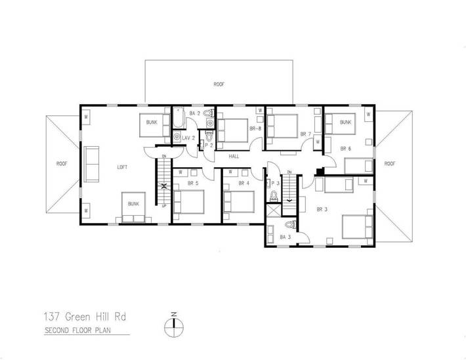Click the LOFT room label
click(122, 167)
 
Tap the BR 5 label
click(193, 183)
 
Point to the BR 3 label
click(322, 209)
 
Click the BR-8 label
click(255, 129)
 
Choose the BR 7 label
click(305, 134)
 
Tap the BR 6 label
click(345, 149)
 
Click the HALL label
click(234, 157)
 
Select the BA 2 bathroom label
click(194, 113)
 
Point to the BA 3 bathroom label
click(285, 237)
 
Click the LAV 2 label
click(188, 138)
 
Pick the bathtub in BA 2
click(177, 121)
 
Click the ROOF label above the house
click(219, 85)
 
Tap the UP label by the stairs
click(163, 206)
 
